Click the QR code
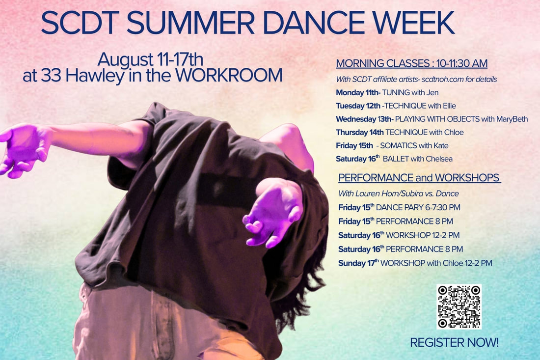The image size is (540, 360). click(x=459, y=306)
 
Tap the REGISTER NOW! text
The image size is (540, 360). click(x=454, y=342)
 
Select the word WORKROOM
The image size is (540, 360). click(x=229, y=75)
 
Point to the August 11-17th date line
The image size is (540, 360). click(x=150, y=59)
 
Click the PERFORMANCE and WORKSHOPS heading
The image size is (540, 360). click(x=419, y=178)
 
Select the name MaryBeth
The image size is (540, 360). click(x=512, y=119)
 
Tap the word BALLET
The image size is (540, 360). click(x=396, y=159)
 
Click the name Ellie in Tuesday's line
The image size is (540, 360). click(x=449, y=106)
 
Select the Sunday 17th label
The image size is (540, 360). click(x=358, y=263)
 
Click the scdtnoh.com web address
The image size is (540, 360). click(x=442, y=79)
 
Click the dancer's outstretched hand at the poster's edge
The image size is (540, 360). click(x=21, y=149)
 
